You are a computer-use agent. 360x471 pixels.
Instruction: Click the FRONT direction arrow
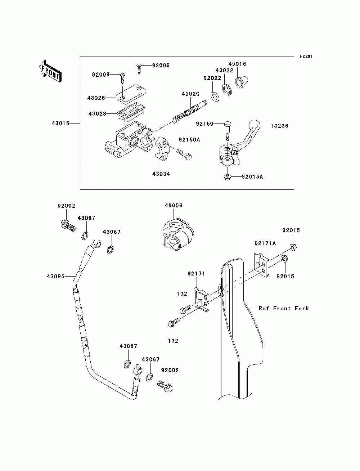point(50,71)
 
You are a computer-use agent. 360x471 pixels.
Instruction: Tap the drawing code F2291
point(306,57)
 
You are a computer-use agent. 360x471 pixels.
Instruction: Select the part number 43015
point(60,124)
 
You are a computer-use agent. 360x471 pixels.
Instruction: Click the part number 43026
point(96,98)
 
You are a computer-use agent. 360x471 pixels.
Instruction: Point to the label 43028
point(98,113)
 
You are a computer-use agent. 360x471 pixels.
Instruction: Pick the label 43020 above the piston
point(190,94)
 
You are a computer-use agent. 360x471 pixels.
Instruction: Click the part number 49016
point(237,64)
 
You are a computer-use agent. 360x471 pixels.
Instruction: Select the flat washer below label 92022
point(215,97)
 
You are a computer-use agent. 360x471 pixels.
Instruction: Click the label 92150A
point(189,140)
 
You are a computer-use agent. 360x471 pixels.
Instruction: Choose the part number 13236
point(280,126)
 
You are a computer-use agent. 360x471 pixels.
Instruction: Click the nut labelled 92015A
point(227,177)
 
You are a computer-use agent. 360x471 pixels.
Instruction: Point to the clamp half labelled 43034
point(161,148)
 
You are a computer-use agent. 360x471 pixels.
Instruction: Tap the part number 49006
point(174,205)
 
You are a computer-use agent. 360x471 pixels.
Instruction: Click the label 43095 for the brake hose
point(55,277)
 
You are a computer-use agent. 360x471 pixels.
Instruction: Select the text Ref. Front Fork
point(284,308)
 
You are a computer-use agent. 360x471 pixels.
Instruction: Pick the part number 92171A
point(265,243)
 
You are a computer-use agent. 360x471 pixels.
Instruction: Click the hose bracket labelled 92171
point(202,300)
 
